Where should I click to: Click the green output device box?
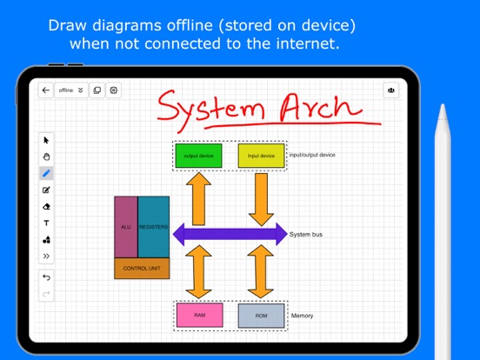tap(198, 156)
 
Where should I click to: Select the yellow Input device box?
tap(261, 156)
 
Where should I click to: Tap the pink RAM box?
tap(199, 315)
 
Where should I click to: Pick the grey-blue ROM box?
tap(261, 316)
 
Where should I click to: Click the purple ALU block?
tap(126, 227)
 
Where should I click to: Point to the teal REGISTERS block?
tap(154, 227)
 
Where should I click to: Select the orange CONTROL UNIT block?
tap(142, 268)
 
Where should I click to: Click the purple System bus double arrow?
tap(230, 233)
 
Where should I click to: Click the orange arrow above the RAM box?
tap(199, 272)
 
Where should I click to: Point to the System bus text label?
tap(306, 234)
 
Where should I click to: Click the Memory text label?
tap(303, 316)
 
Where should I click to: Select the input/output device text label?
tap(312, 155)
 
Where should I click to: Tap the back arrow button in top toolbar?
tap(45, 90)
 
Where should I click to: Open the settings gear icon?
tap(114, 90)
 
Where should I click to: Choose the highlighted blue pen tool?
tap(46, 173)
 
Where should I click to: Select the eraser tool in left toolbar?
tap(46, 206)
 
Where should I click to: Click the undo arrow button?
tap(46, 277)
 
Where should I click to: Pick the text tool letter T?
tap(46, 223)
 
